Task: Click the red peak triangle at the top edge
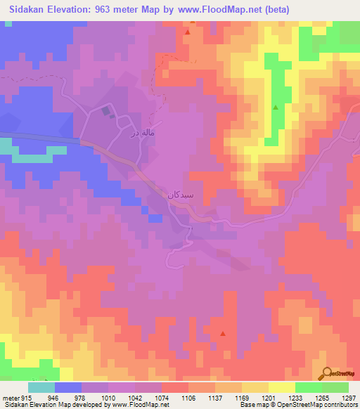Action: click(x=188, y=32)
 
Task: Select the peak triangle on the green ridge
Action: click(x=275, y=108)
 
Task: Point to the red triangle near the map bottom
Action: click(x=223, y=333)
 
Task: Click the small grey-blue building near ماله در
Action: click(x=106, y=110)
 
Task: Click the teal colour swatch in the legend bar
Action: click(x=41, y=387)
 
